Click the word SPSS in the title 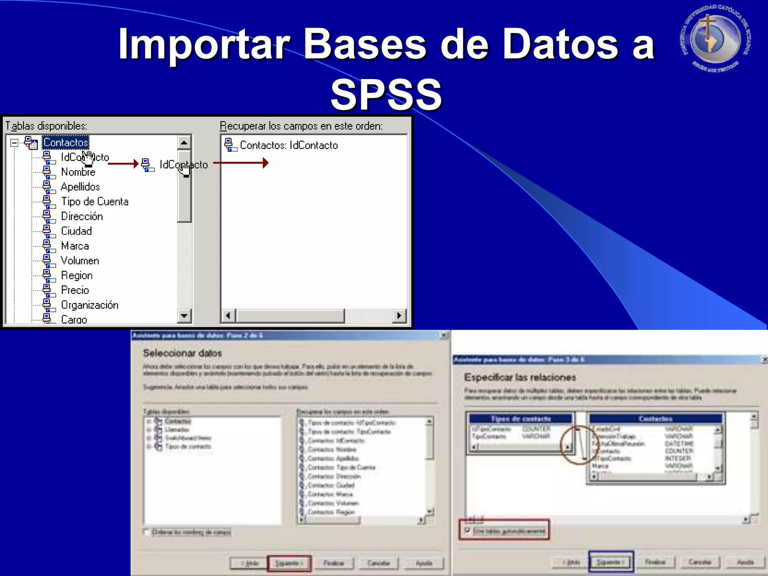[x=386, y=94]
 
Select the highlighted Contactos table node [x=66, y=142]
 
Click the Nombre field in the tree [x=78, y=172]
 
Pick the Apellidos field [x=80, y=187]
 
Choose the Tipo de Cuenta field [x=94, y=202]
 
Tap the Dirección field [x=82, y=216]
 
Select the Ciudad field [x=76, y=231]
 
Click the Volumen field [x=80, y=261]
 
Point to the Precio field [x=75, y=290]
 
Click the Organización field [x=90, y=305]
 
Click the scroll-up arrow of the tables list [x=184, y=142]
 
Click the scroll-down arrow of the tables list [x=184, y=316]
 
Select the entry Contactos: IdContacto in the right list [x=288, y=145]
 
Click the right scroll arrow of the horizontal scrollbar [x=399, y=316]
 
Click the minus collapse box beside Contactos [x=14, y=143]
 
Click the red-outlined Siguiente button [x=289, y=563]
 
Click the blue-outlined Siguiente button [x=610, y=562]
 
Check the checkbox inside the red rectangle [x=467, y=531]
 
